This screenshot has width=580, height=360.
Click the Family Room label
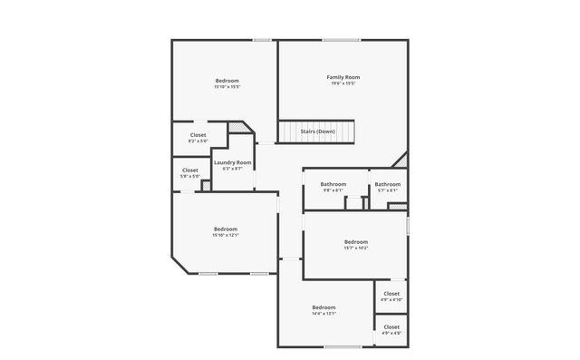coord(343,78)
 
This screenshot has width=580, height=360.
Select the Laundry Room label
coord(232,163)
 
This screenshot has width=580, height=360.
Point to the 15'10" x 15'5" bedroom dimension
coord(227,88)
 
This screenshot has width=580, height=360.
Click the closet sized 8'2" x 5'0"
coord(198,138)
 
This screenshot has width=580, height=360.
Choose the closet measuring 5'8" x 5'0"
coord(190,172)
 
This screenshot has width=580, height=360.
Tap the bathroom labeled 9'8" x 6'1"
coord(333,187)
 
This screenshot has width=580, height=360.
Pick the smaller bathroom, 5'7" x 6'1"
coord(387,187)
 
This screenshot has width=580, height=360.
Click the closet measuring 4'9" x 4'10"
coord(391,296)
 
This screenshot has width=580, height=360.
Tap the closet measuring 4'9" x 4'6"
coord(391,328)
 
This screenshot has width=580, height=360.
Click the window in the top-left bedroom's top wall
coord(263,39)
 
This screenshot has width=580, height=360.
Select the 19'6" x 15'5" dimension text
coord(343,83)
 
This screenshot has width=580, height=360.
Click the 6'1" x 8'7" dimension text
coord(232,169)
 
